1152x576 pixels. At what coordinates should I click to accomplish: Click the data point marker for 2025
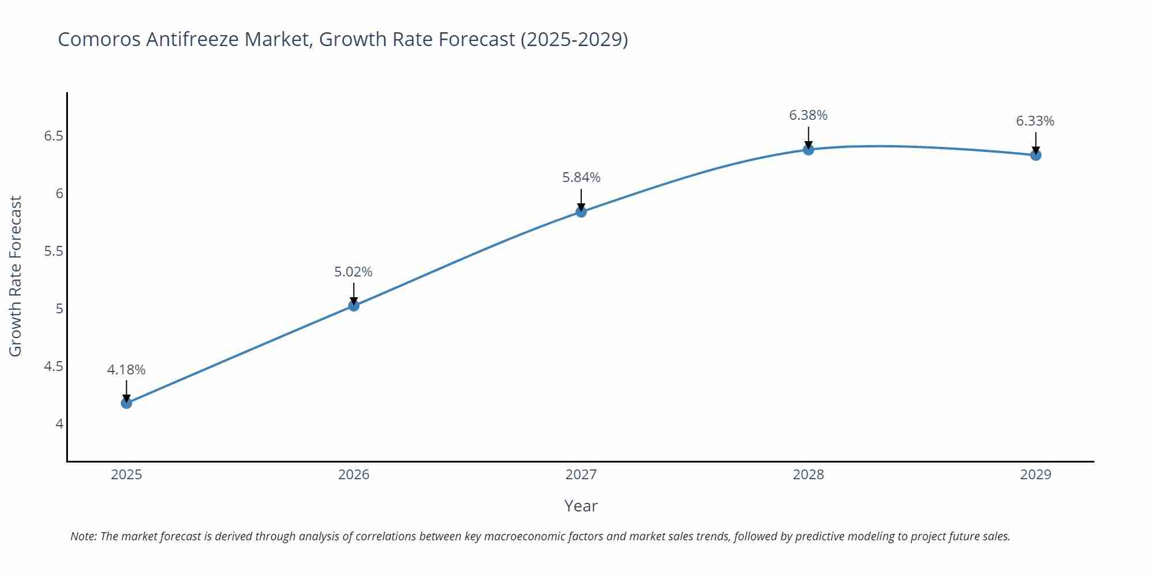coord(126,403)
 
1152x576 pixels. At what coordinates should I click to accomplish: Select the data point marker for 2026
coord(354,306)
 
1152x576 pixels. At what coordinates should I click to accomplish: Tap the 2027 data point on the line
coord(581,212)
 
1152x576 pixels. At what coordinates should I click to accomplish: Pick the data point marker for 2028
coord(808,150)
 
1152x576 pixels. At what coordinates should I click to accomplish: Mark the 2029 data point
coord(1036,155)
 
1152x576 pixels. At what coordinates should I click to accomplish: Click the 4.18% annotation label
coord(126,370)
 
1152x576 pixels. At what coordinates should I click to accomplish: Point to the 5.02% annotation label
coord(354,272)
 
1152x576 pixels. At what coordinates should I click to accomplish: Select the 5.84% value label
coord(581,177)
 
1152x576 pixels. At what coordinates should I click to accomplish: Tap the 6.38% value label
coord(808,115)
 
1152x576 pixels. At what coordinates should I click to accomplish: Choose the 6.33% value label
coord(1035,121)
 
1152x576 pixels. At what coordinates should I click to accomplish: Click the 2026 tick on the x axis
coord(354,475)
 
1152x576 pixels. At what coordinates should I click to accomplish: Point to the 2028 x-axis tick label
coord(808,475)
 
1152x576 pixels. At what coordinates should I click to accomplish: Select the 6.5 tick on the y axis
coord(54,137)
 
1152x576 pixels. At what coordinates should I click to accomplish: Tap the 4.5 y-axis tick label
coord(54,367)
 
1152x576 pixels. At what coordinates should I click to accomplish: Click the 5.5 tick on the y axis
coord(54,252)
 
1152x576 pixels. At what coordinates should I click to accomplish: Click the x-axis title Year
coord(581,506)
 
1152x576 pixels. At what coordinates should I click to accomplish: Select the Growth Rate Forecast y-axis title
coord(16,276)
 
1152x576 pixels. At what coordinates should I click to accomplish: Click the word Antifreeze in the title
coord(193,39)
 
